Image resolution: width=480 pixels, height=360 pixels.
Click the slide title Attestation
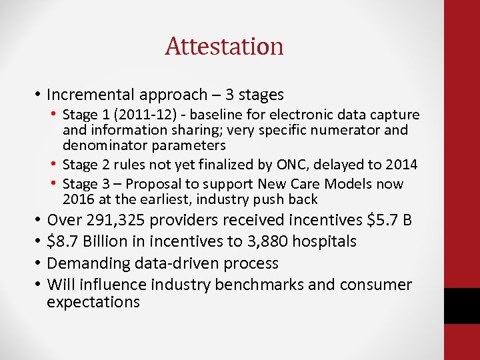[224, 47]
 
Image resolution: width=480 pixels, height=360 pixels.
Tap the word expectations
[93, 302]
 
